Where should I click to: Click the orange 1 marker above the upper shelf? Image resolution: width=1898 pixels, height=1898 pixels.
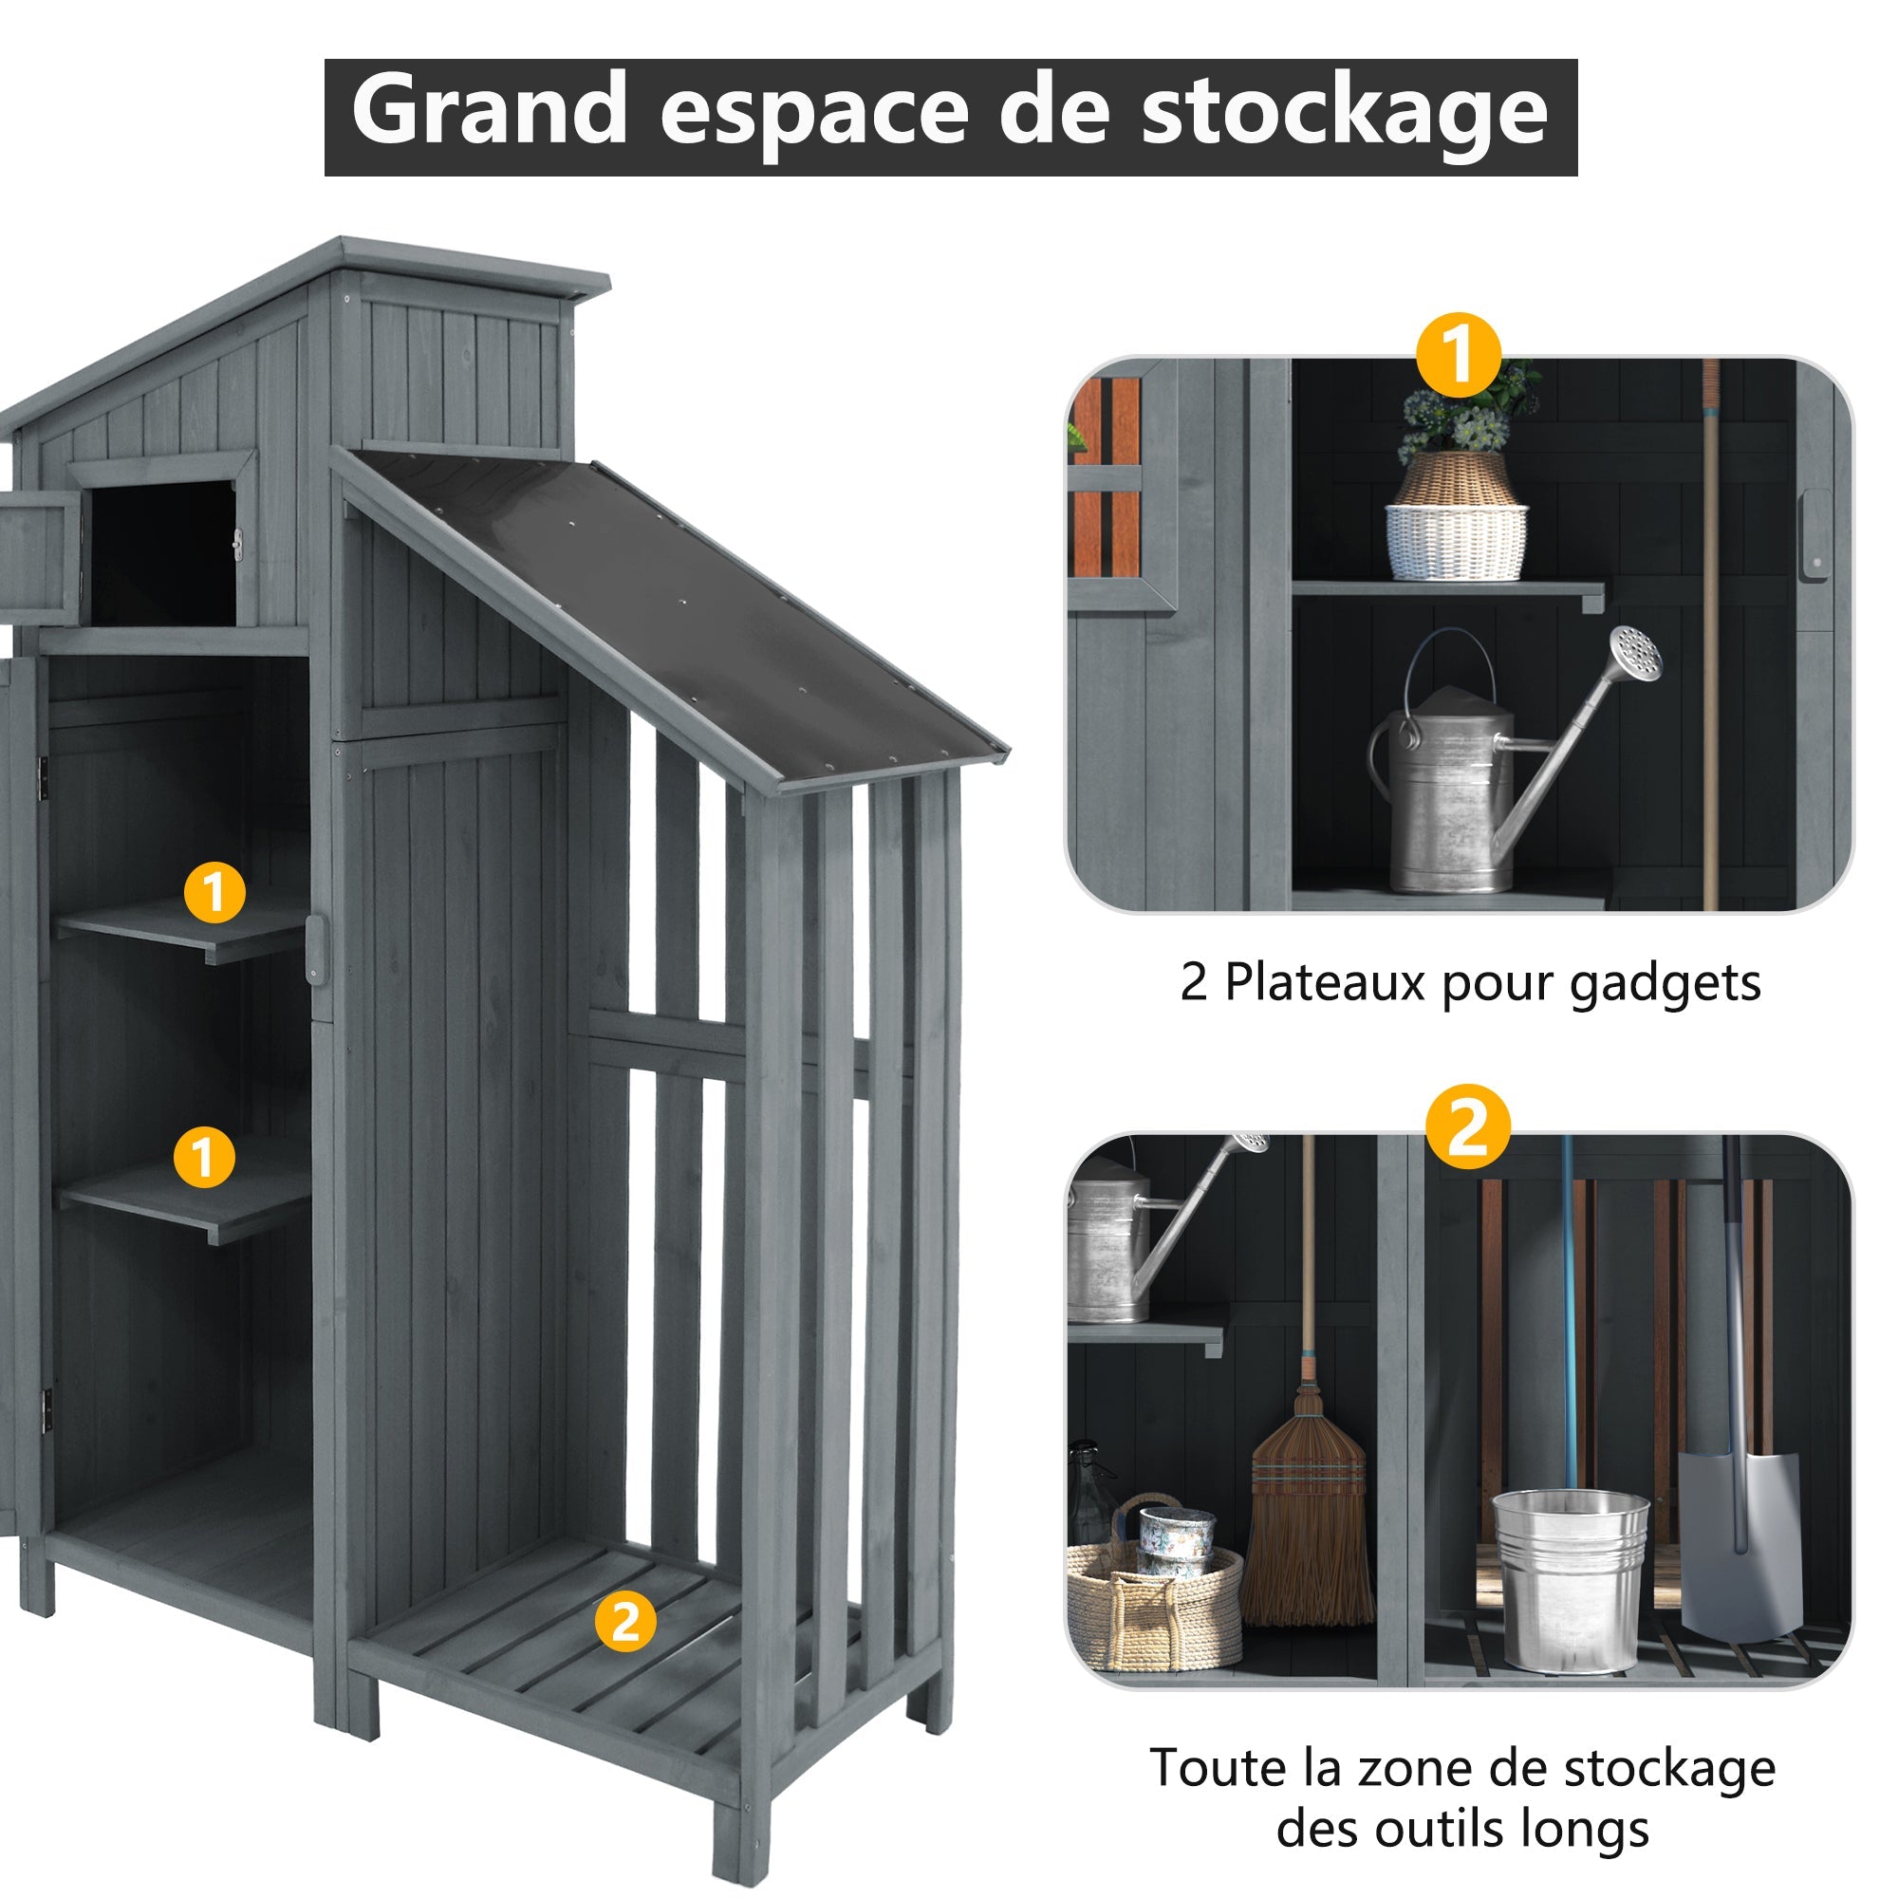click(214, 892)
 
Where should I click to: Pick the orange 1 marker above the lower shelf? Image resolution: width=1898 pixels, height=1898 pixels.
click(203, 1156)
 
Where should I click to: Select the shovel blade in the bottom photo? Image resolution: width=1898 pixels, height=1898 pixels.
click(1738, 1562)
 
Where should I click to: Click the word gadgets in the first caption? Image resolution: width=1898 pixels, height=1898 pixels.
click(1665, 983)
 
